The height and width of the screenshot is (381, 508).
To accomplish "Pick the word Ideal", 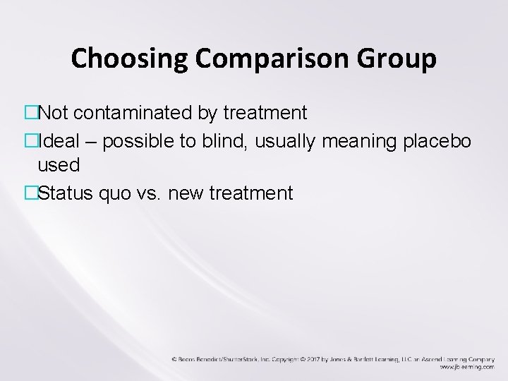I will tap(61, 140).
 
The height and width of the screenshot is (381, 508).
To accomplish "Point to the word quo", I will tap(111, 193).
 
